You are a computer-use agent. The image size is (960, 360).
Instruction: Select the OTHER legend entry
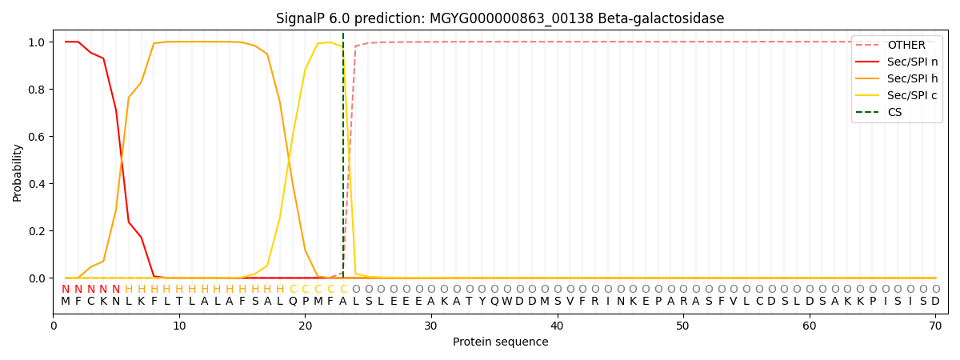pos(896,45)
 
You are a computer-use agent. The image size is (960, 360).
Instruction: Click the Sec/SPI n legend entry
pos(896,62)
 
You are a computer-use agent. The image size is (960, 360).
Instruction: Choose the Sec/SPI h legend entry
pos(896,78)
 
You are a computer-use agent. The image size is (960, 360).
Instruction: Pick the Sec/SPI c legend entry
pos(896,95)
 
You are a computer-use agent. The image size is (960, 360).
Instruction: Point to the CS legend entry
pos(878,112)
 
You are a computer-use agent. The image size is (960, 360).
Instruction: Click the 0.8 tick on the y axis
pos(38,90)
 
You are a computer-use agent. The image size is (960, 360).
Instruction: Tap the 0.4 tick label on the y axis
pos(38,184)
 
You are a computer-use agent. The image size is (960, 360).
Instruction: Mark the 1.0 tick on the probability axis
pos(38,42)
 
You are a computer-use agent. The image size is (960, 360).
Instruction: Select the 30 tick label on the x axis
pos(430,326)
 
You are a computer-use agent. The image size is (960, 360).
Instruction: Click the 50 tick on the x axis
pos(682,326)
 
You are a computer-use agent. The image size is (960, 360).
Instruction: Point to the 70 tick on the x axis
pos(935,326)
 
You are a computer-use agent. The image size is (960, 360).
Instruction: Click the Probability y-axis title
pos(17,173)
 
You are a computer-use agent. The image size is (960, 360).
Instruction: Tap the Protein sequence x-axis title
pos(501,342)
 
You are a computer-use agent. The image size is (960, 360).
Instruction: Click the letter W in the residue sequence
pos(507,301)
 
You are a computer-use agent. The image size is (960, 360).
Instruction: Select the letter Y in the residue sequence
pos(482,301)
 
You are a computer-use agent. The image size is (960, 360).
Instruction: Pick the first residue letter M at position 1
pos(66,301)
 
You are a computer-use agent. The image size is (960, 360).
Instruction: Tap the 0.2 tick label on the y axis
pos(38,231)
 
